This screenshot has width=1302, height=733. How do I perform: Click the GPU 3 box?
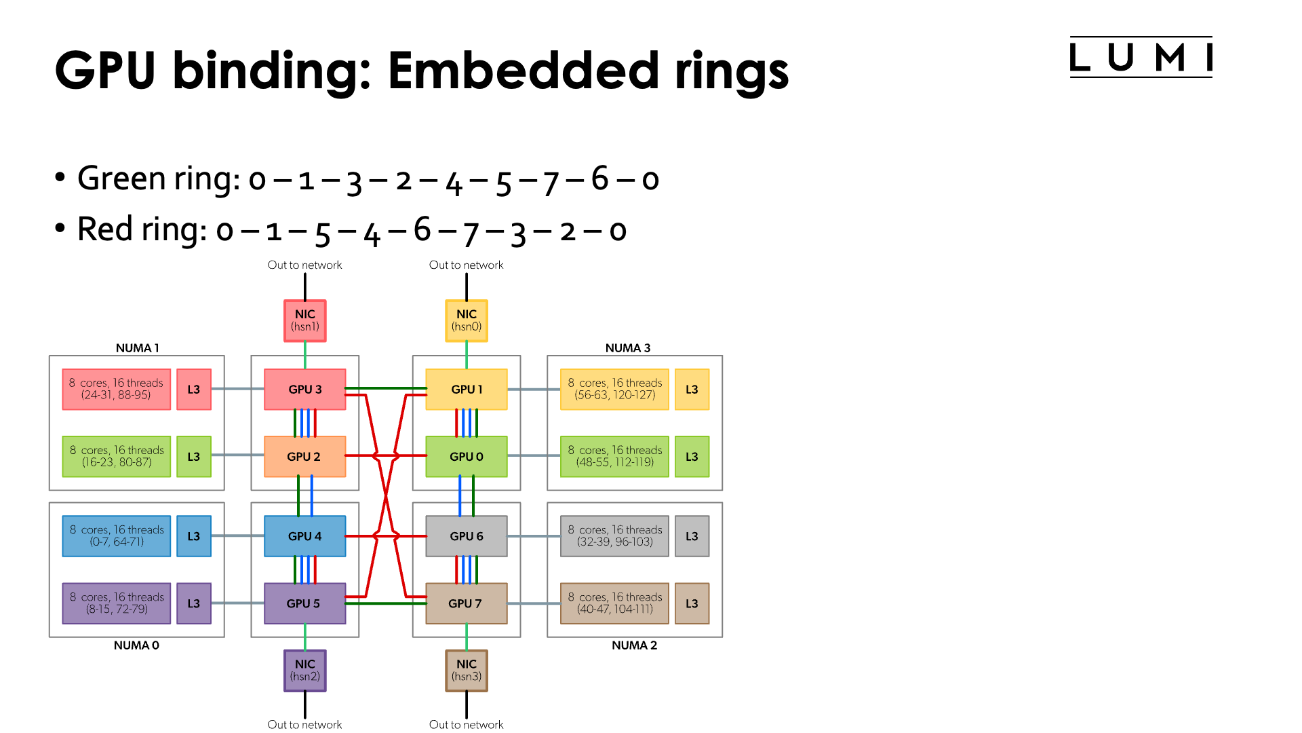304,390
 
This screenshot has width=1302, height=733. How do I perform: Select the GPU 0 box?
466,457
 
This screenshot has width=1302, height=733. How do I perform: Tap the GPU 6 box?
466,536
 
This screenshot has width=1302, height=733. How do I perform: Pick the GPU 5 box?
304,603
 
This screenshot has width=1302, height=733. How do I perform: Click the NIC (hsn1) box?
304,320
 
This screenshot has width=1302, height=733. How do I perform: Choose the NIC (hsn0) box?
466,320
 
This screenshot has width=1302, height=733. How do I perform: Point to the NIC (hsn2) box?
304,671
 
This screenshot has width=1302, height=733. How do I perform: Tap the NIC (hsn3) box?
466,671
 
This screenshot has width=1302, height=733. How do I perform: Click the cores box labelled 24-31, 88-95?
116,390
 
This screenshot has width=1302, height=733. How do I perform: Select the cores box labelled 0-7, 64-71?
116,536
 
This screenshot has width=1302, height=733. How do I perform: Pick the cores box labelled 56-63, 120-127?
614,390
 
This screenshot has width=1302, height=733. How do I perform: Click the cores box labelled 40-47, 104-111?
614,603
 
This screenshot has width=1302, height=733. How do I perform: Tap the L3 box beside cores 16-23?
194,457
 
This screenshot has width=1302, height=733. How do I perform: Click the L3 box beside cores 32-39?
692,536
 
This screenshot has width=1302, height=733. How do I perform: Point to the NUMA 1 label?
137,348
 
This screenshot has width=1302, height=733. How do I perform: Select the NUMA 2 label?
634,645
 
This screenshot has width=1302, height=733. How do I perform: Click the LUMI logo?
1141,58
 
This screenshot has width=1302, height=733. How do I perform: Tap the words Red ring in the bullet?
141,229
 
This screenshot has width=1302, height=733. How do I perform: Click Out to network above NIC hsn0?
466,265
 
